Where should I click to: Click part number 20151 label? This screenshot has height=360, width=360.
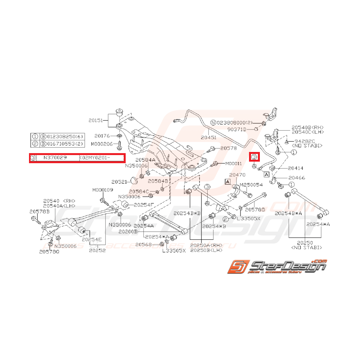(x=96, y=120)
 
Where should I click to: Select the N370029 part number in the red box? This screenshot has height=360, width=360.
(x=55, y=158)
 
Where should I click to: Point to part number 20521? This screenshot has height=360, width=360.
(x=119, y=181)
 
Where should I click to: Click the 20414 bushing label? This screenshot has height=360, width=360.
(x=295, y=168)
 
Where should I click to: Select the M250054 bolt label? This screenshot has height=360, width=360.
(x=251, y=185)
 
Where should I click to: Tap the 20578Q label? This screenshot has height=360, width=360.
(x=49, y=252)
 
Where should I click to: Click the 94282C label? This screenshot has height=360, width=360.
(x=305, y=142)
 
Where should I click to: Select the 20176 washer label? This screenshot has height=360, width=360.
(x=102, y=136)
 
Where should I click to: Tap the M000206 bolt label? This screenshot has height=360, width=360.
(x=102, y=143)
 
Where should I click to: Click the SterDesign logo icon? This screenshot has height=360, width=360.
(x=236, y=267)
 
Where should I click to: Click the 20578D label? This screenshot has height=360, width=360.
(x=255, y=210)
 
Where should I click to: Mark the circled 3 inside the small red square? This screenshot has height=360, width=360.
(x=254, y=157)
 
